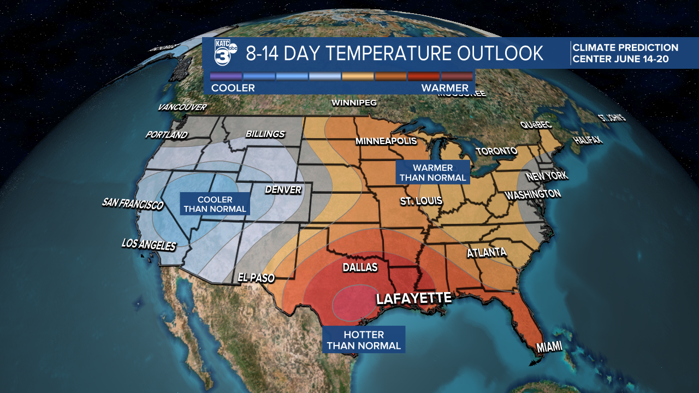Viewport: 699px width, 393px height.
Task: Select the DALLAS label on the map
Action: pos(360,267)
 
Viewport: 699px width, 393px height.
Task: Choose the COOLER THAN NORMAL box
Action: pos(215,204)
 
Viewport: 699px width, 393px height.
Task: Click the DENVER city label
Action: pos(283,190)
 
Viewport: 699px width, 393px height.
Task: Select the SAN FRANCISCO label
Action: pos(133,204)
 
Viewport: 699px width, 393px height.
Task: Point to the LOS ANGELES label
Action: pos(149,245)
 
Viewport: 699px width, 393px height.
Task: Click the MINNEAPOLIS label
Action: pos(386,141)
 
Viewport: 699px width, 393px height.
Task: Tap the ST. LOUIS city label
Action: pos(421,201)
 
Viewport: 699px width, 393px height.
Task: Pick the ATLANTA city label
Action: pos(487,253)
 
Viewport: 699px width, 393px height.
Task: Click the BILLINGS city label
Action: pos(265,134)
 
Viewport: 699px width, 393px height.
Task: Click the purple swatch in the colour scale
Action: pos(226,76)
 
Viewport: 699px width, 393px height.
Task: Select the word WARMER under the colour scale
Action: pos(445,88)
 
